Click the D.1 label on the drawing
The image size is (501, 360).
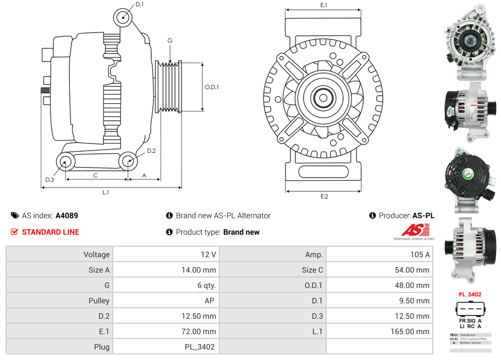click(x=139, y=4)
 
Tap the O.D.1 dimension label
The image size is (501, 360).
click(x=212, y=87)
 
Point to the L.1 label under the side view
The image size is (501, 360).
click(x=106, y=192)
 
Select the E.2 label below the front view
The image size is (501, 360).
click(x=324, y=196)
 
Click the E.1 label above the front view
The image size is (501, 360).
click(x=324, y=5)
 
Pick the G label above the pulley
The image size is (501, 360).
click(x=170, y=41)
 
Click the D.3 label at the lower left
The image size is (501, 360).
click(x=49, y=180)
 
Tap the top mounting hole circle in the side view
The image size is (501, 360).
click(x=124, y=18)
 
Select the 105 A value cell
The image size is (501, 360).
click(x=420, y=254)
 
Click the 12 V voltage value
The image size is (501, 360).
click(x=209, y=254)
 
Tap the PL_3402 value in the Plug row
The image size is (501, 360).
click(x=200, y=347)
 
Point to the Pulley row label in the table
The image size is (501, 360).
click(x=99, y=301)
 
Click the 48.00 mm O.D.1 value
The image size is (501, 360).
click(x=413, y=285)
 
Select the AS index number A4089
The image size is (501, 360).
click(x=67, y=215)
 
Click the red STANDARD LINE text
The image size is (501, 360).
click(x=51, y=232)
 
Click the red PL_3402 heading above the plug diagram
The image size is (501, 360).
click(x=470, y=295)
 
